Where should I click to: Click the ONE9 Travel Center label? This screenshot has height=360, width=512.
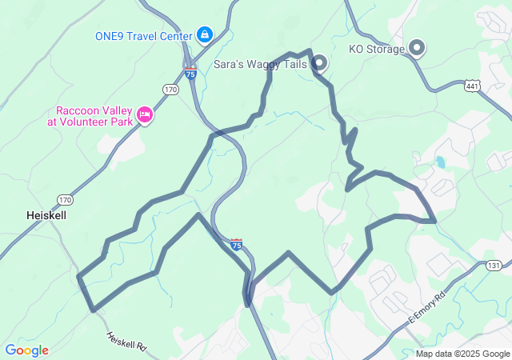[x=144, y=36]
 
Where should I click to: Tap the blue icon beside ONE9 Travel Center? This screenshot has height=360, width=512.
[x=206, y=35]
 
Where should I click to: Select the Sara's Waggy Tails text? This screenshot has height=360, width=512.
[x=260, y=63]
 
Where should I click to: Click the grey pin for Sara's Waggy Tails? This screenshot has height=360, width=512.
[x=319, y=62]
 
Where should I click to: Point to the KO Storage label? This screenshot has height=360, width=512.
[x=377, y=49]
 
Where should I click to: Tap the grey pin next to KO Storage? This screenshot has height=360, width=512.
[x=417, y=48]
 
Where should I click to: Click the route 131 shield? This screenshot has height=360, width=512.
[x=494, y=265]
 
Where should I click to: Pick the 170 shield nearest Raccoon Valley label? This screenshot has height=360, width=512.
[x=170, y=90]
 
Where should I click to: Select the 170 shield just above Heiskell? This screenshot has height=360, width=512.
[x=65, y=199]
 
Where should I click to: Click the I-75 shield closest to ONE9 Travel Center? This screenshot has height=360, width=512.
[x=190, y=71]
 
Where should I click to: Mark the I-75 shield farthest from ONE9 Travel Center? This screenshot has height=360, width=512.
[x=236, y=245]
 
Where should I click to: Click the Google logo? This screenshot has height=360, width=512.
[x=26, y=350]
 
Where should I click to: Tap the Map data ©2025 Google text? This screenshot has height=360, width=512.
[x=462, y=354]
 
